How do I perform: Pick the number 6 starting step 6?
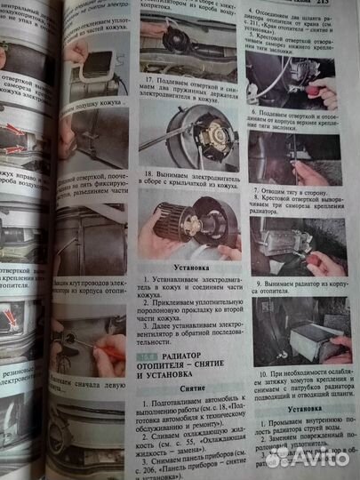pyautogui.click(x=257, y=114)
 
